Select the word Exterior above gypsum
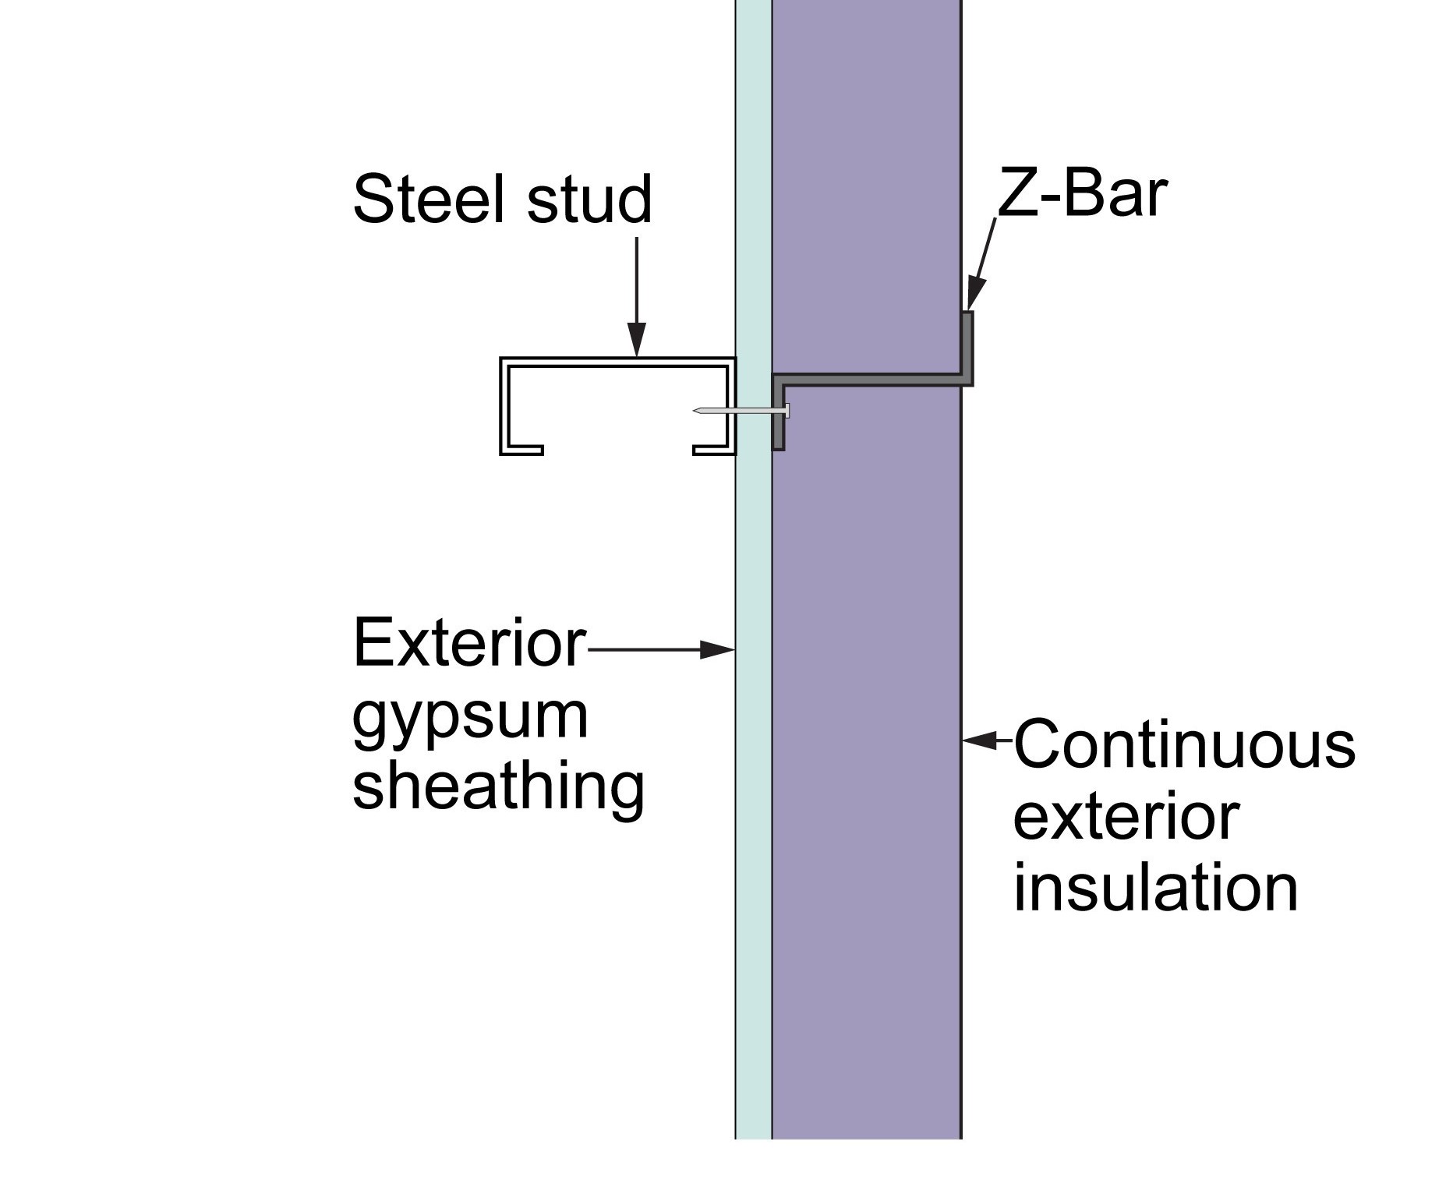[468, 643]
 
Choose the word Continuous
[1184, 744]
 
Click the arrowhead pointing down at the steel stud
[637, 341]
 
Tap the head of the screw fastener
[787, 411]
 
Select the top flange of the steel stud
[617, 362]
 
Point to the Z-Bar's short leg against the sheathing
[778, 413]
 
